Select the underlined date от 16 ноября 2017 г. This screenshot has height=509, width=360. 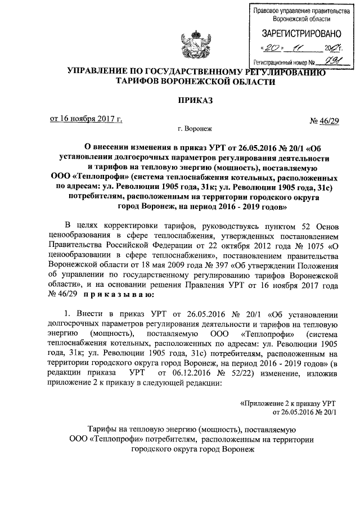click(86, 119)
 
